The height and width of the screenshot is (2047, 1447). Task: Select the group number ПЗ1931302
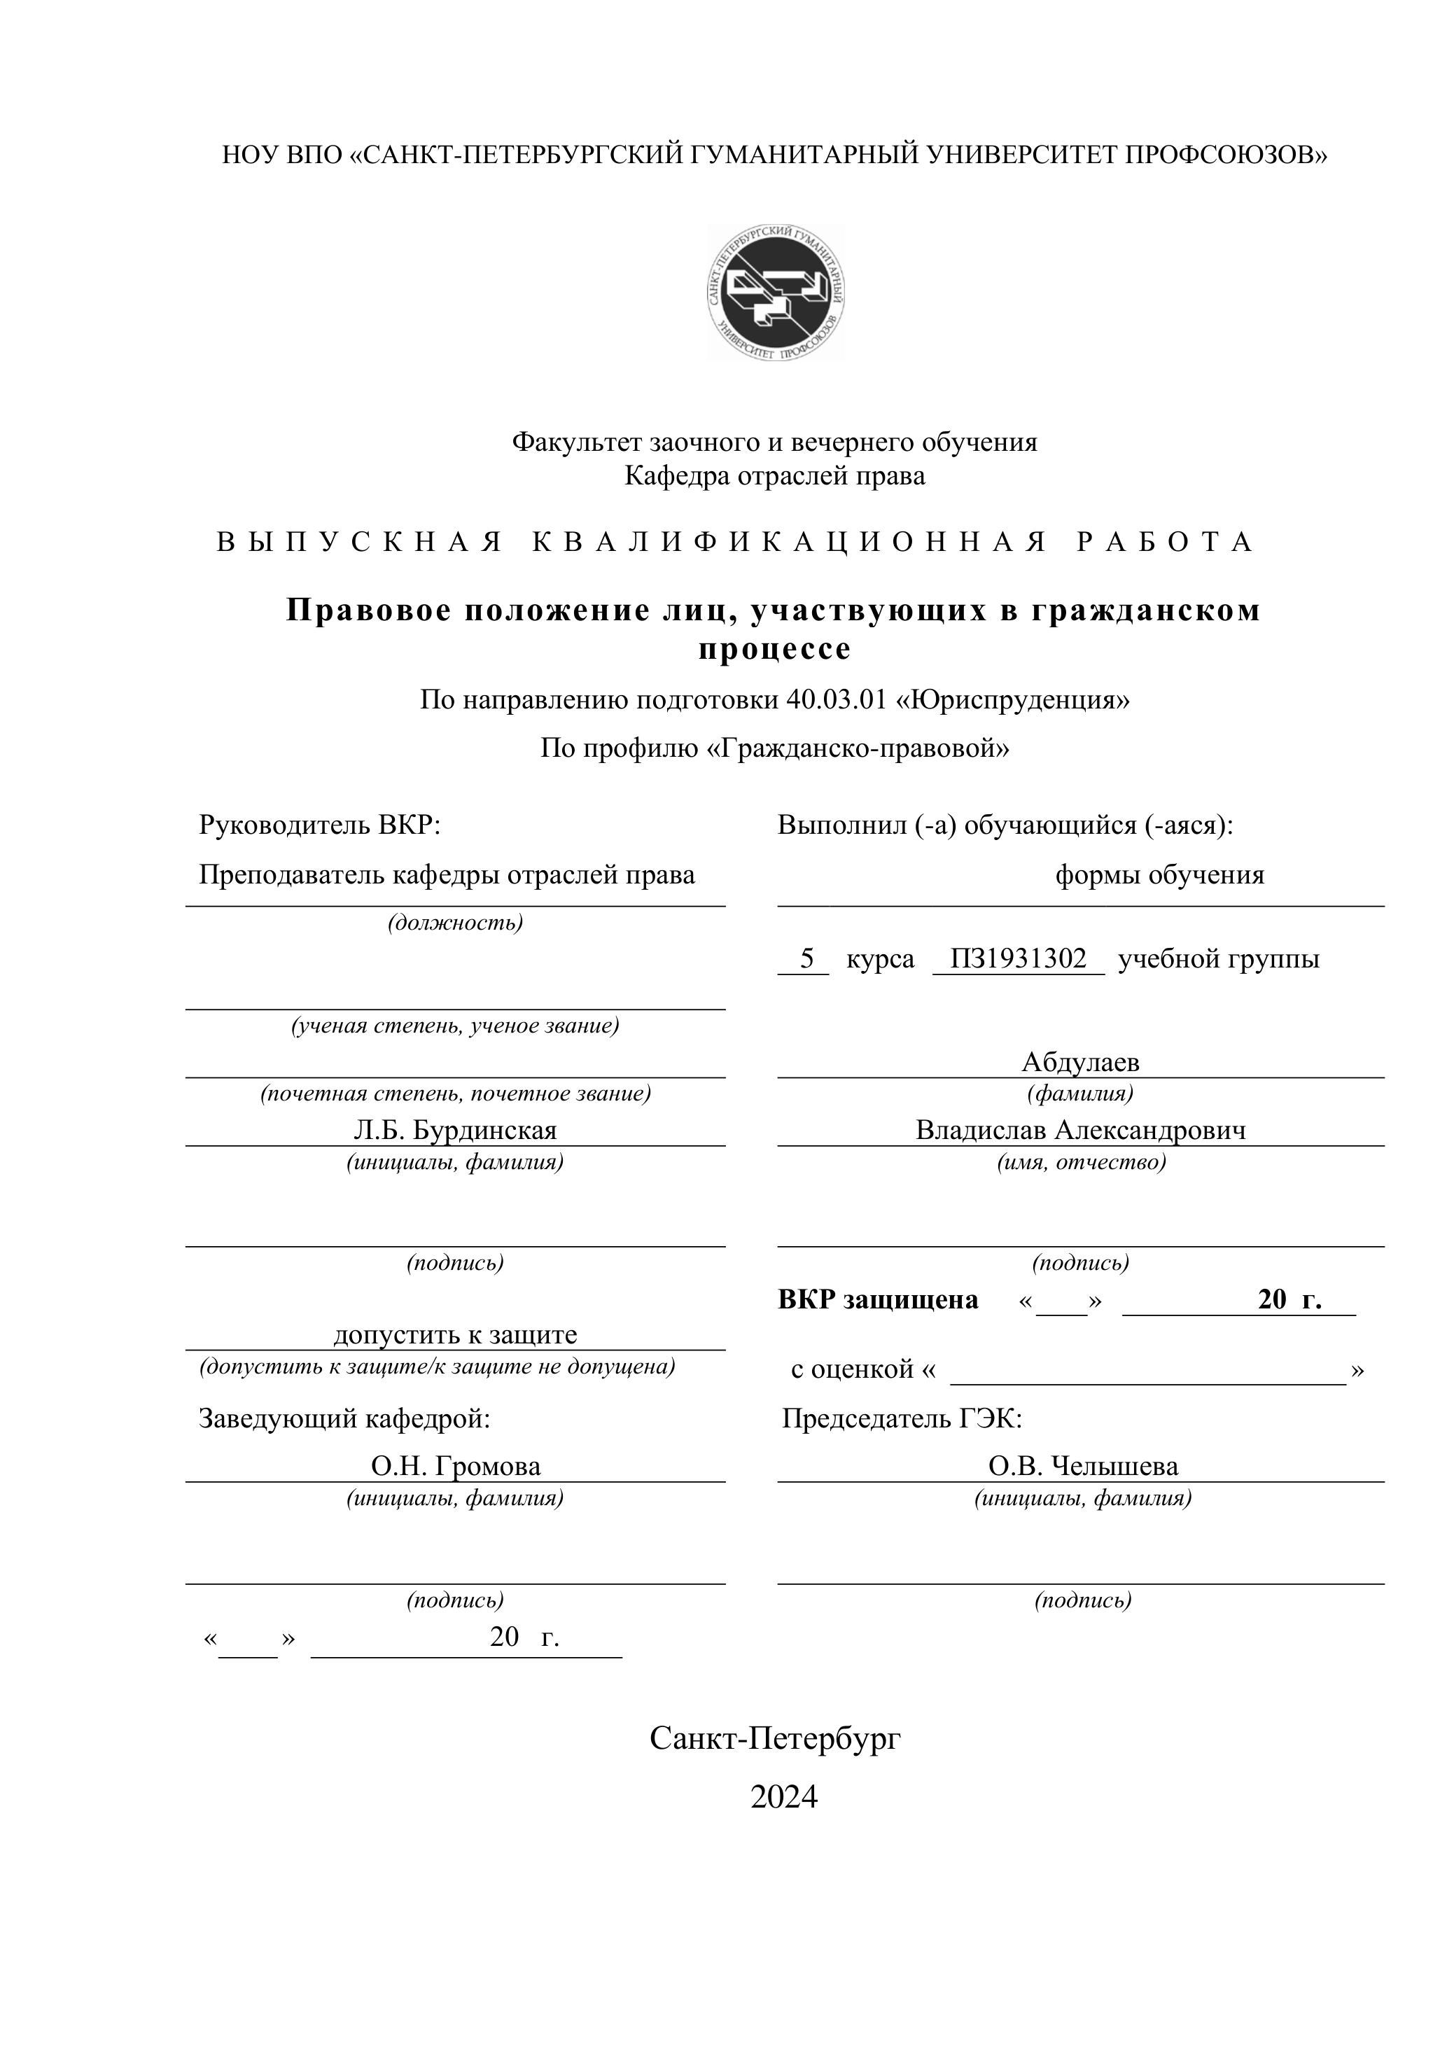click(1018, 958)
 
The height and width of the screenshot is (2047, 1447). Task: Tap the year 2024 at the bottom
click(783, 1796)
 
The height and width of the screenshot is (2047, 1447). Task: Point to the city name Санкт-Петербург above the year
click(775, 1737)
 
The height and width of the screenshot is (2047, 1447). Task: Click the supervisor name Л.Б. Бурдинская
click(455, 1131)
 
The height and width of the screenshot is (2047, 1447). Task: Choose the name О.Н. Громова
click(456, 1466)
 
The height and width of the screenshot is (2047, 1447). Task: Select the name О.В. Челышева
click(1082, 1466)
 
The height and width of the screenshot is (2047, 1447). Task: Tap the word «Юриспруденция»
click(1013, 700)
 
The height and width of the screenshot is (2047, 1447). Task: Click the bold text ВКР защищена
click(877, 1300)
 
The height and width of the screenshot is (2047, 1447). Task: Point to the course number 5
click(807, 958)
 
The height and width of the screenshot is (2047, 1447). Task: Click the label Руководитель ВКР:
click(320, 825)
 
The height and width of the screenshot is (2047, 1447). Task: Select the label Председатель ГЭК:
click(902, 1418)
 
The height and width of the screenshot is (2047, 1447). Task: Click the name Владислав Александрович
click(1081, 1131)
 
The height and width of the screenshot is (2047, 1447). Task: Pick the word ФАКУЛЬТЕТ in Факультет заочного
click(577, 442)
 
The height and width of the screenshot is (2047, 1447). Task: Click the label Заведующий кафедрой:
click(344, 1418)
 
